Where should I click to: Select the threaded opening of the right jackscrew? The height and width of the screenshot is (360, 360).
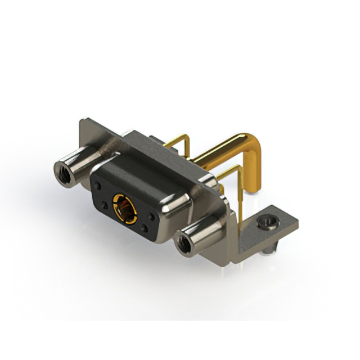(182, 245)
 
